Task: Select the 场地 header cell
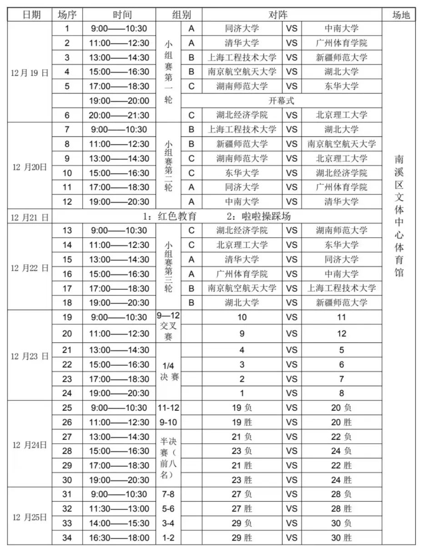[398, 15]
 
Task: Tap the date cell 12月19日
[30, 72]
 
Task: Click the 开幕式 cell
[282, 101]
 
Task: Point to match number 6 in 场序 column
[67, 115]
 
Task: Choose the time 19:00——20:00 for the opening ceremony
[120, 101]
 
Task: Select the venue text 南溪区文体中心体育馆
[398, 216]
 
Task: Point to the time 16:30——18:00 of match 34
[120, 538]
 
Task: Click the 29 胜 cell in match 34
[242, 538]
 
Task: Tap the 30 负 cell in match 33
[342, 523]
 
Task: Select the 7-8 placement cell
[168, 494]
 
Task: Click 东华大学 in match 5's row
[342, 86]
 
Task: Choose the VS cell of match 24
[292, 393]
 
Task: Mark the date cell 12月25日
[30, 517]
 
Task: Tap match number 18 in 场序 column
[67, 303]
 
